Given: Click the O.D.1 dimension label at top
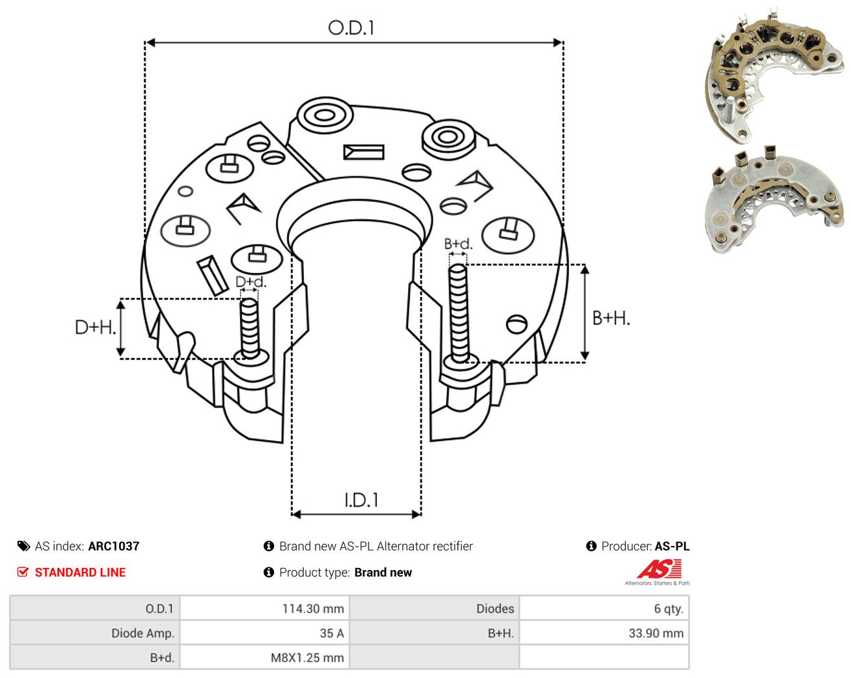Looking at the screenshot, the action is (350, 28).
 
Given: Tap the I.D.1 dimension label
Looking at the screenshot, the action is (361, 500).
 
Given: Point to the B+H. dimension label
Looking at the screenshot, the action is (610, 318).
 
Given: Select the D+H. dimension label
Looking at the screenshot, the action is (95, 327).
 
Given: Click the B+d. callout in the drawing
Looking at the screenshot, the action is (458, 244).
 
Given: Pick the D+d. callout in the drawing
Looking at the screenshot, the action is (251, 281).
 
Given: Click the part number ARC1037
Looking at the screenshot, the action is (114, 546).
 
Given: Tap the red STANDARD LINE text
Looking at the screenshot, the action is (80, 573).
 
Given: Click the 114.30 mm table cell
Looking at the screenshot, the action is (264, 608).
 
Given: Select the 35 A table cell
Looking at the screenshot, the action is (264, 633).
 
